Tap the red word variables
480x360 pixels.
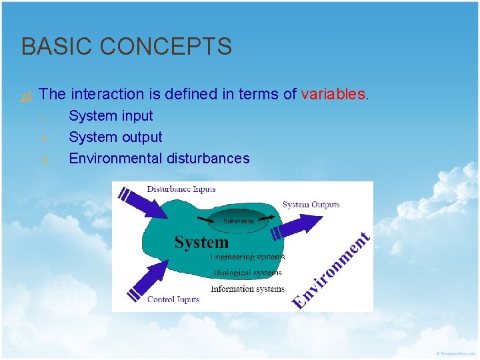coord(333,95)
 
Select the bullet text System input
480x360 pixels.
coord(111,116)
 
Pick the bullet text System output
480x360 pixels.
coord(115,137)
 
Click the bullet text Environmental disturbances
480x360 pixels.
coord(159,159)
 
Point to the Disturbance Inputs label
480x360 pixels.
coord(181,189)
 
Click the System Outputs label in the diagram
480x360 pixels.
coord(311,205)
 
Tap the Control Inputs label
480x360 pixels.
coord(173,299)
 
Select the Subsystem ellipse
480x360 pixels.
coord(238,221)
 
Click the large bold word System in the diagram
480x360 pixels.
coord(201,243)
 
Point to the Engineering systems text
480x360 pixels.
coord(247,257)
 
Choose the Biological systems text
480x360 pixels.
coord(247,273)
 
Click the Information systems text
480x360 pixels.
coord(247,289)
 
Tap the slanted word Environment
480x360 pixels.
coord(331,270)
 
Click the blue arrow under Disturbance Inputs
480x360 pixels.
coord(145,203)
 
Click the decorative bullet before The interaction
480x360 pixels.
coord(26,97)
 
